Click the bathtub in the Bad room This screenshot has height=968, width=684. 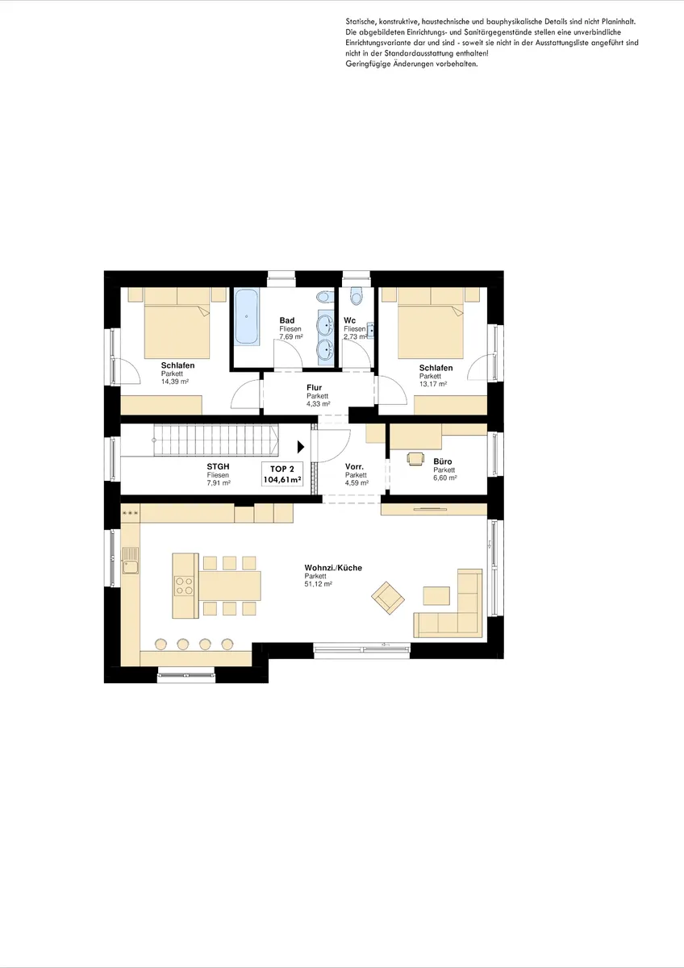(246, 316)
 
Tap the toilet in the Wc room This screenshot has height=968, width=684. (357, 296)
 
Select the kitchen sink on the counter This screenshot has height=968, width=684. (131, 560)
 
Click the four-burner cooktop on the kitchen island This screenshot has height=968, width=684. (184, 586)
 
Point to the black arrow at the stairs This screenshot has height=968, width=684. (301, 447)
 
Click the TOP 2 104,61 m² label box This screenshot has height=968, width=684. (282, 474)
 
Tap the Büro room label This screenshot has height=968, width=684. (443, 461)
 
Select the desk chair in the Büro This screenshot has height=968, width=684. (415, 458)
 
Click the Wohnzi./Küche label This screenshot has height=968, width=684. (333, 568)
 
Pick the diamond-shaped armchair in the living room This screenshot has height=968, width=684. (388, 598)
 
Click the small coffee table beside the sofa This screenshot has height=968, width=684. (436, 595)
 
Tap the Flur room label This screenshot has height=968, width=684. (314, 388)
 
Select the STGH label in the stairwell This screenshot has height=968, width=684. (218, 467)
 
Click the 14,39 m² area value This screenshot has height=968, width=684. (174, 382)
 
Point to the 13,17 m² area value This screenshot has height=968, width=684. (433, 384)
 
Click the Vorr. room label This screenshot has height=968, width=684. (354, 467)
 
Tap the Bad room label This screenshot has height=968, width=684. (287, 320)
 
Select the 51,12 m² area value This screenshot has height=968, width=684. (318, 584)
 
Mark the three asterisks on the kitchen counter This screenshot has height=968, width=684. (130, 513)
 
